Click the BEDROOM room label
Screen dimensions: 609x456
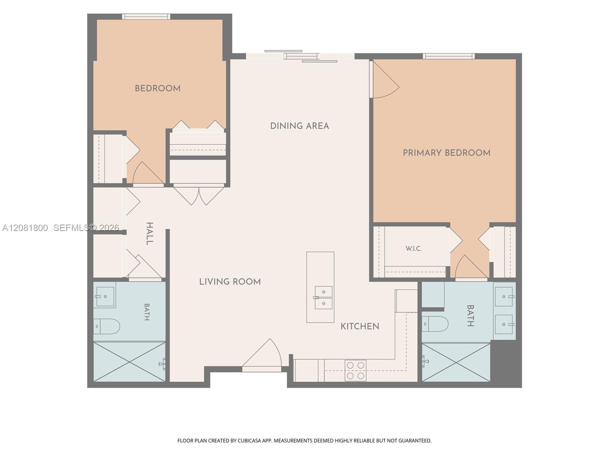click(158, 88)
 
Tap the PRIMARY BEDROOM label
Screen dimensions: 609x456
click(446, 153)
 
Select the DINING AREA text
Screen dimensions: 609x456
click(300, 126)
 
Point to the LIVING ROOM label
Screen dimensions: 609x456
click(230, 282)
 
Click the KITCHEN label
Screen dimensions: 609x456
click(360, 326)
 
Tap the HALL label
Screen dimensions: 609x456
click(150, 234)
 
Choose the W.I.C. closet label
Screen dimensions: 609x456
click(414, 249)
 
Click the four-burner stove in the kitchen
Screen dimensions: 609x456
click(356, 370)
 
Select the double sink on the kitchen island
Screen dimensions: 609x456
click(324, 298)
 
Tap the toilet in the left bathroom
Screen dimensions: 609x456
click(106, 326)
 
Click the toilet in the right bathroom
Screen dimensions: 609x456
click(435, 324)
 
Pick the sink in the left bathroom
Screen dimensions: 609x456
click(105, 296)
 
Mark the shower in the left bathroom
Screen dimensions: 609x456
click(129, 362)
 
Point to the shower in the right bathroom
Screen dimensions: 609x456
click(456, 363)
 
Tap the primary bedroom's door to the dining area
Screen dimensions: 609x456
click(384, 79)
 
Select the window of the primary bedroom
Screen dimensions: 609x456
click(449, 56)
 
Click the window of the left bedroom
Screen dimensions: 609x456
click(146, 17)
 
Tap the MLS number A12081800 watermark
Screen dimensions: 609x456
click(25, 228)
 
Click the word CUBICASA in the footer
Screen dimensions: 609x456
click(249, 440)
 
